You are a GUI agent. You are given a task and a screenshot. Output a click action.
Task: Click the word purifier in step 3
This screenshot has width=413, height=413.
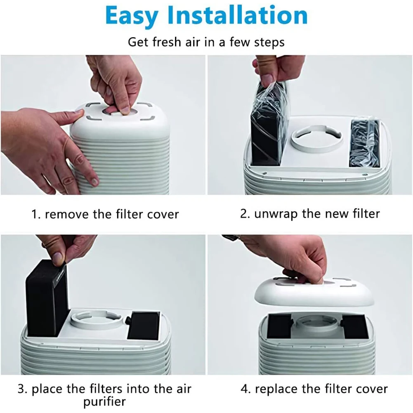coord(104,401)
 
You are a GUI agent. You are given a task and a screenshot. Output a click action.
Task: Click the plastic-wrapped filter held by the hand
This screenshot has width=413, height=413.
coord(266,124)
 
